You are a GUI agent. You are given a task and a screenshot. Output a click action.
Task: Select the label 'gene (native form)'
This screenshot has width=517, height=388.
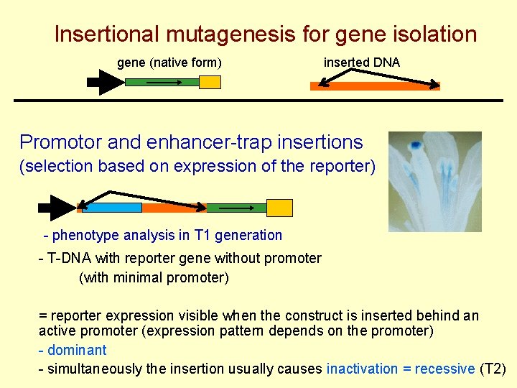click(x=169, y=63)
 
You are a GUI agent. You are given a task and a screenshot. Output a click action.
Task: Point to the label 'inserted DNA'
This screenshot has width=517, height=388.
click(x=362, y=63)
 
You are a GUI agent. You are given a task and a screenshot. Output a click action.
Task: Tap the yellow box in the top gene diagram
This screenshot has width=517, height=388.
click(x=210, y=82)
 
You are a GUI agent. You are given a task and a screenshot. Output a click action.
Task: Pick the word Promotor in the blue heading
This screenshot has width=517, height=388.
click(x=63, y=142)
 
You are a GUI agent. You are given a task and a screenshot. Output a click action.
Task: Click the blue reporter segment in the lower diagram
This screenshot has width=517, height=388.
click(x=112, y=208)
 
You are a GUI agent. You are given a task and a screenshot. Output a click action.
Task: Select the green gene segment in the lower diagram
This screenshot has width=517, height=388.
click(x=236, y=208)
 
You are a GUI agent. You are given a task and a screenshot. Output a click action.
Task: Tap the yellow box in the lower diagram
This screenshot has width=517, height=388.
click(x=280, y=208)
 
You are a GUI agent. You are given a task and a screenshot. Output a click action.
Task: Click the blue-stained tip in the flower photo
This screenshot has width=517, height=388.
click(x=416, y=146)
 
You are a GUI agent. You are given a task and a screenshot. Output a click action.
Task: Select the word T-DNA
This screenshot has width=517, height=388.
click(x=67, y=258)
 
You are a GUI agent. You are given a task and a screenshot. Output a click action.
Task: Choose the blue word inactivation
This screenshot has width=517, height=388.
click(x=362, y=369)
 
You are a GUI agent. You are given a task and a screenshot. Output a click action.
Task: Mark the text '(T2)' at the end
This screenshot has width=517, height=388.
click(x=493, y=369)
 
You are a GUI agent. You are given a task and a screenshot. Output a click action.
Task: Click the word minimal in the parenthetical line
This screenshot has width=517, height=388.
click(x=134, y=277)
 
